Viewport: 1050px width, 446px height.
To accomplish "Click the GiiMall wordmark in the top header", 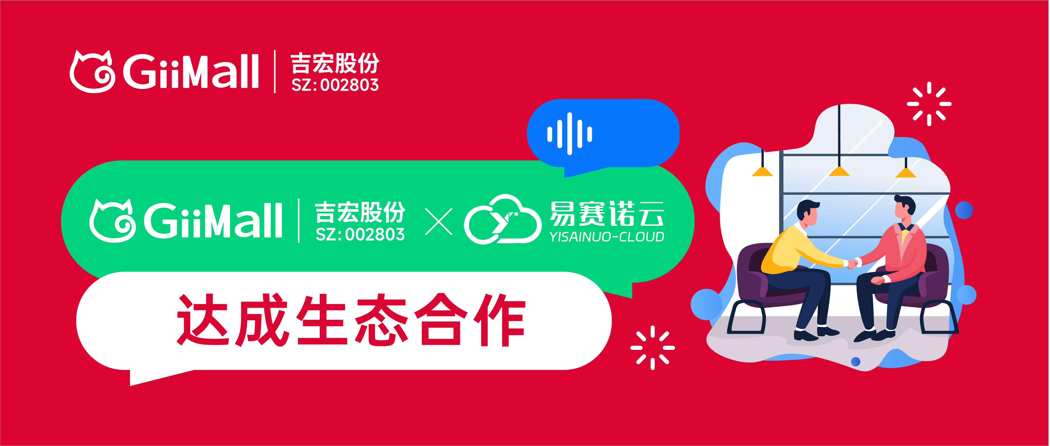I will [x=191, y=72].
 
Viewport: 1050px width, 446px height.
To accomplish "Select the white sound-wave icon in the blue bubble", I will [x=569, y=134].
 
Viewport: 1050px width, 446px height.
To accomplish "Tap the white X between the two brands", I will [x=439, y=222].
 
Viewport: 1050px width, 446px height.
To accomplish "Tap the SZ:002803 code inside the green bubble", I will [x=360, y=235].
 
